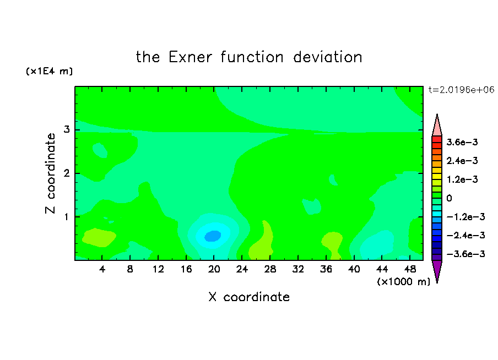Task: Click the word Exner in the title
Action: (190, 57)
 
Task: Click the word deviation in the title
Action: (327, 57)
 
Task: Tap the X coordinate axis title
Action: (249, 297)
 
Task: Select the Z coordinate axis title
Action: (50, 173)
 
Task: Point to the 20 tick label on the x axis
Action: (214, 269)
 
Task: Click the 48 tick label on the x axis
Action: (410, 269)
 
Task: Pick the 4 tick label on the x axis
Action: (102, 269)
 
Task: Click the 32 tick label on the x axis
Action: (298, 269)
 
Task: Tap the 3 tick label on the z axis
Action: (67, 129)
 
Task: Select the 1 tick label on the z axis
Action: (67, 217)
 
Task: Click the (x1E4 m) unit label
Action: (49, 71)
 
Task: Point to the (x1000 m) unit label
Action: (403, 282)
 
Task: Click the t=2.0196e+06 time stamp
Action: (462, 90)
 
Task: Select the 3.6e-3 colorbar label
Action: (462, 142)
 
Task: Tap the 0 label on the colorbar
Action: (449, 198)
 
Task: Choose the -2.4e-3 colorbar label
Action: (465, 235)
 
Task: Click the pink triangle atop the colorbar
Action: (437, 127)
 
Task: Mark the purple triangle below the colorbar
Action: (437, 270)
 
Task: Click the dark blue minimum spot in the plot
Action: (213, 236)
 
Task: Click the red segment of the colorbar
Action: (437, 139)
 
